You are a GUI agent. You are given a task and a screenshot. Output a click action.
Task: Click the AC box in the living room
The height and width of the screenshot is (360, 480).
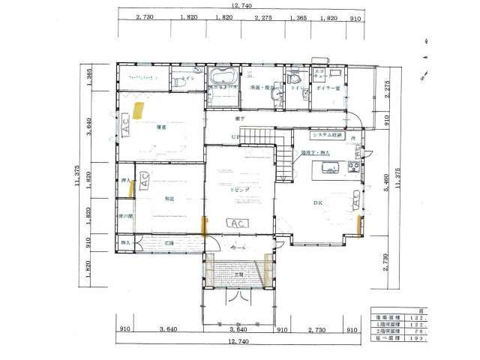tap(237, 223)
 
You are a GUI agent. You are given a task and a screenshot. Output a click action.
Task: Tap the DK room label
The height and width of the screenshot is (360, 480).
tap(318, 202)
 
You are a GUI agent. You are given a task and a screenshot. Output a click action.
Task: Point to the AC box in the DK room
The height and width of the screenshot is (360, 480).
tap(353, 199)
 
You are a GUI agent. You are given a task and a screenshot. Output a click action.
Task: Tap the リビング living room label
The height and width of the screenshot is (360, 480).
tap(239, 191)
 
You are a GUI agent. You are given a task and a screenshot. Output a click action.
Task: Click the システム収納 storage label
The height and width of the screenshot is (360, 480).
tap(327, 136)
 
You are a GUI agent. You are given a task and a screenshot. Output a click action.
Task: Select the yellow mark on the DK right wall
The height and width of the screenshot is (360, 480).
tap(361, 224)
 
